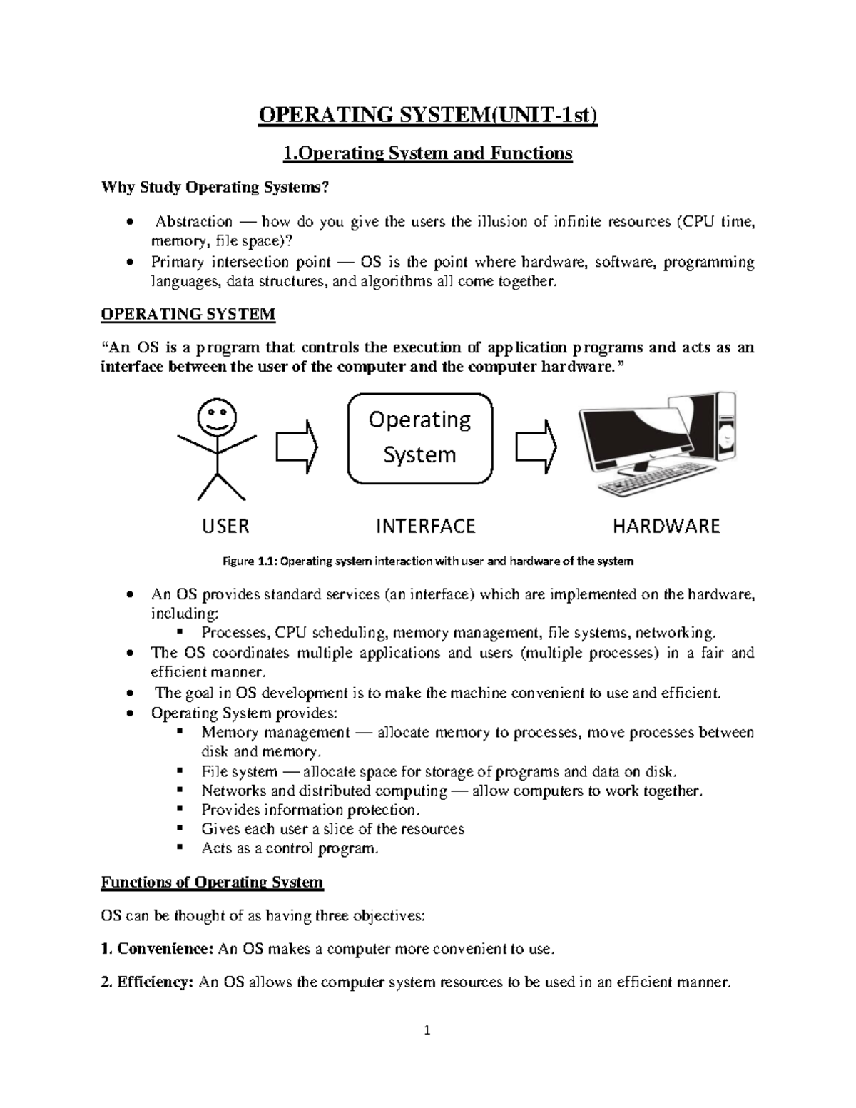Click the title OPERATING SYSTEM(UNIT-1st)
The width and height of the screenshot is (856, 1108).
coord(427,115)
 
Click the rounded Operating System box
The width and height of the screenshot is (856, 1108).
coord(419,437)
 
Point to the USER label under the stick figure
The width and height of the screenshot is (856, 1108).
coord(225,527)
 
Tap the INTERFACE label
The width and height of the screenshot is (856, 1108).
coord(425,527)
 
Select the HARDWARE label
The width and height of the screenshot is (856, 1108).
coord(666,527)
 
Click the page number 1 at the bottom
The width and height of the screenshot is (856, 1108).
coord(427,1030)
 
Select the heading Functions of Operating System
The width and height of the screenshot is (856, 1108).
coord(212,883)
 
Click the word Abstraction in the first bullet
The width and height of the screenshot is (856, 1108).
coord(194,222)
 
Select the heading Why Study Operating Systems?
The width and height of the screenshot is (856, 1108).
coord(216,188)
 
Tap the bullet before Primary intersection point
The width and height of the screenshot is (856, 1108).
coord(128,263)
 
